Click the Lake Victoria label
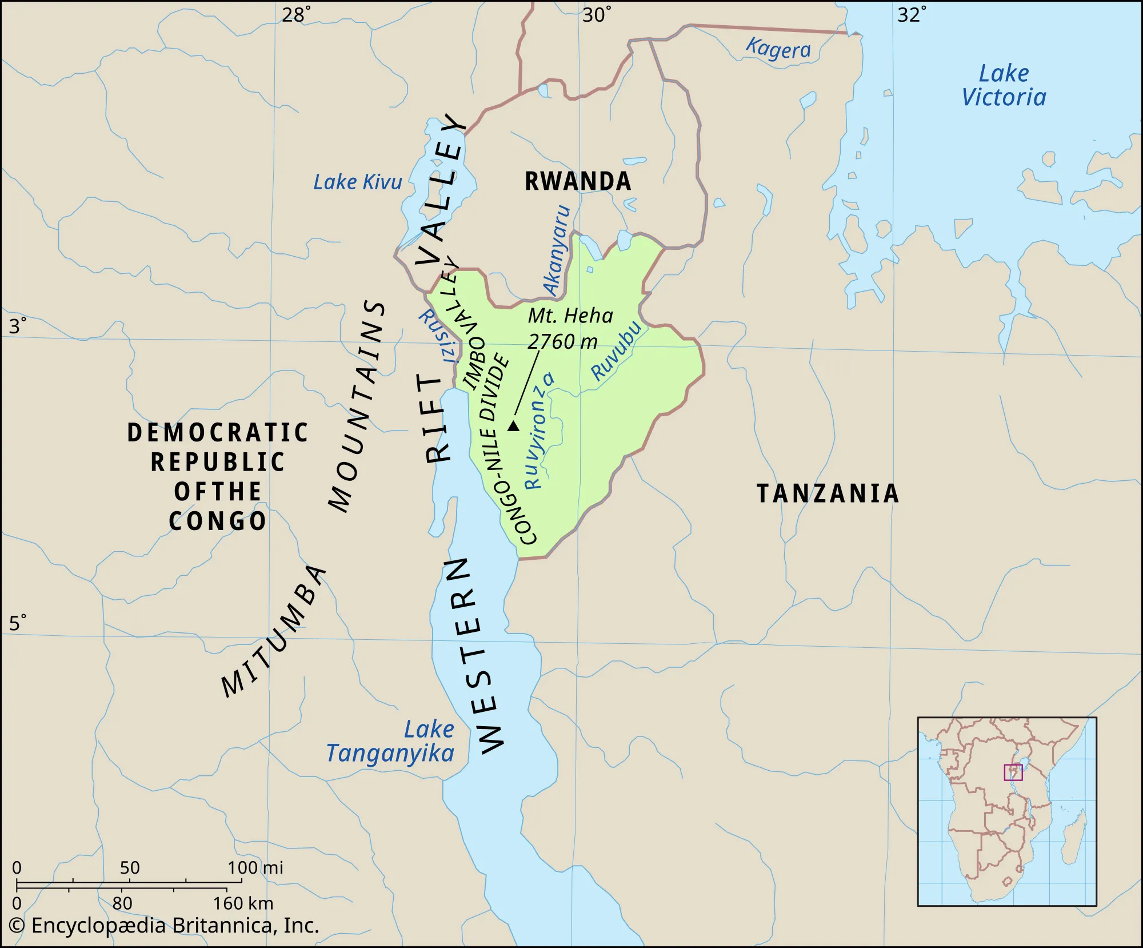[x=1004, y=86]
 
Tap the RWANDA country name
[x=578, y=181]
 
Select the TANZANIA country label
[x=828, y=493]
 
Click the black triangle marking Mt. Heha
[x=513, y=426]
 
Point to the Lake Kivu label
[x=358, y=182]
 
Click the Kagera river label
[x=778, y=49]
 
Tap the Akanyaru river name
[x=557, y=250]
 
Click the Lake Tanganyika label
[x=391, y=742]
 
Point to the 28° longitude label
[x=296, y=14]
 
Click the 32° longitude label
[x=911, y=14]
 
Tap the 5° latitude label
[x=17, y=623]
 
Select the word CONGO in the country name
[x=218, y=521]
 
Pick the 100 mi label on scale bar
[x=255, y=868]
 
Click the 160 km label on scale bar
[x=243, y=903]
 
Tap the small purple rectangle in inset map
[x=1013, y=772]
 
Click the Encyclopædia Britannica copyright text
[x=164, y=926]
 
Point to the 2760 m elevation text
[x=562, y=342]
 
